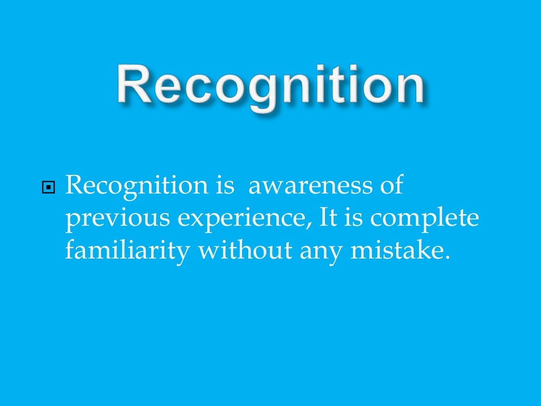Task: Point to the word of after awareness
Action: [390, 186]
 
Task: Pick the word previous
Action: [105, 218]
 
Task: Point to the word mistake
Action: [394, 250]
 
